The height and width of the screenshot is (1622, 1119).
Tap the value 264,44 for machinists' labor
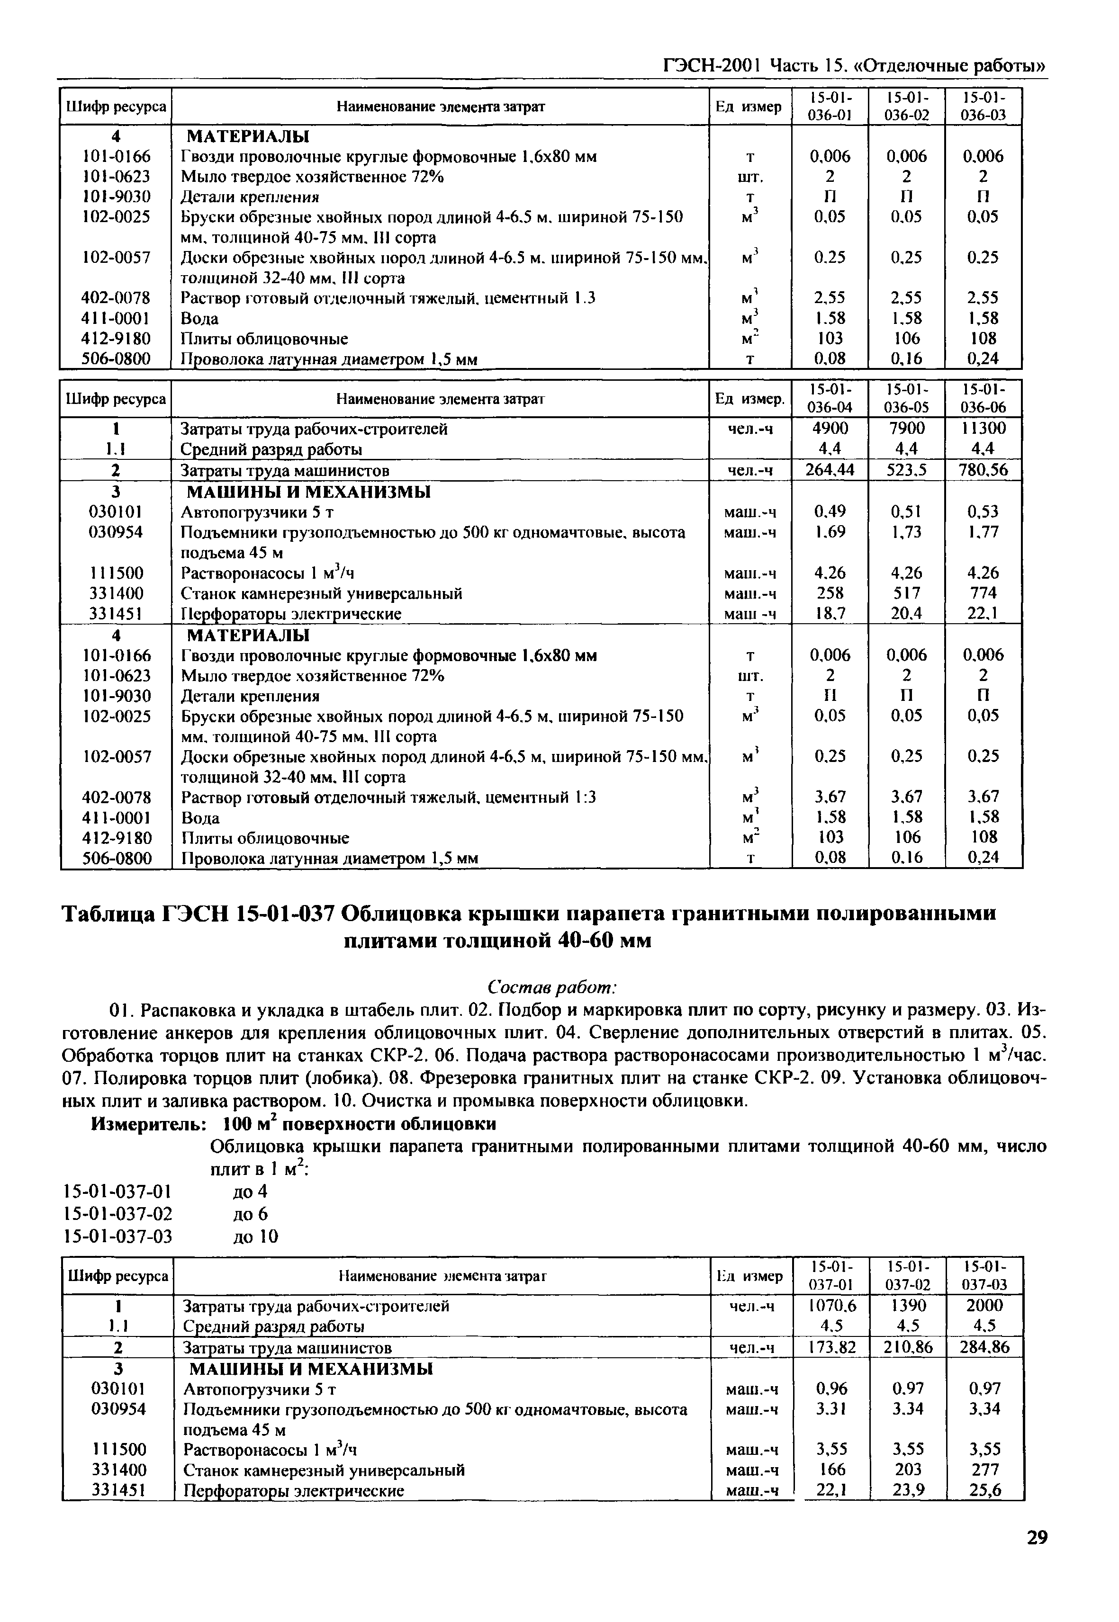click(x=830, y=470)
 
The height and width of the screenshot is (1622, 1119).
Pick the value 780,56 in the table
click(x=983, y=470)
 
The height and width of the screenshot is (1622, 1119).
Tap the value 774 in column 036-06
click(x=983, y=592)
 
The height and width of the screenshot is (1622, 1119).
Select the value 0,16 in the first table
click(x=907, y=359)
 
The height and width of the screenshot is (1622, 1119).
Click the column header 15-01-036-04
click(x=830, y=398)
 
